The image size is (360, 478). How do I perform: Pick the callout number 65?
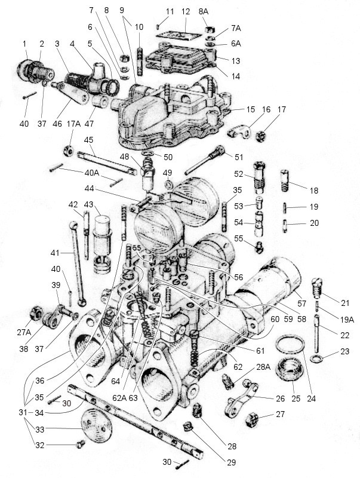(137, 247)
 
